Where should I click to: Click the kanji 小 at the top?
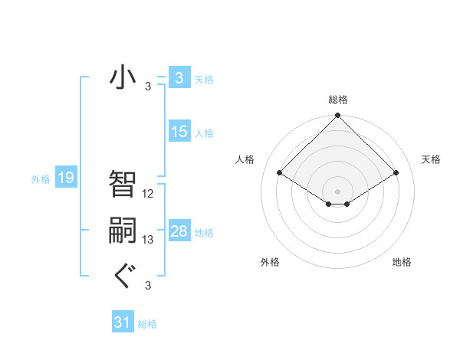[x=123, y=77]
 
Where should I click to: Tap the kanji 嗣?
[x=123, y=230]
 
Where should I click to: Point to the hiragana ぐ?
[x=123, y=274]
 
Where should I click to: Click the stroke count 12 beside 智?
[x=148, y=193]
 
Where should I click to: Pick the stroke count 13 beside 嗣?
[x=148, y=240]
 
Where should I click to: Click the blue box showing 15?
[x=179, y=132]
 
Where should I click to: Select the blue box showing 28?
[x=179, y=231]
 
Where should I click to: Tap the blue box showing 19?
[x=66, y=178]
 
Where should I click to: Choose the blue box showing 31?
[x=122, y=322]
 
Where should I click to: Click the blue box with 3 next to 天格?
[x=179, y=78]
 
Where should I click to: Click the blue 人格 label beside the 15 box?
[x=204, y=133]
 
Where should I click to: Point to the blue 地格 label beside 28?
[x=204, y=233]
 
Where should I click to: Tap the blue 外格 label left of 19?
[x=41, y=180]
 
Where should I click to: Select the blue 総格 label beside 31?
[x=147, y=324]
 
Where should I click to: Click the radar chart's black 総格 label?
[x=337, y=100]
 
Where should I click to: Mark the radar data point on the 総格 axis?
[x=337, y=116]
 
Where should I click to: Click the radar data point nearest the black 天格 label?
[x=396, y=173]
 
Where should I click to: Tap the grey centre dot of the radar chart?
[x=337, y=191]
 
